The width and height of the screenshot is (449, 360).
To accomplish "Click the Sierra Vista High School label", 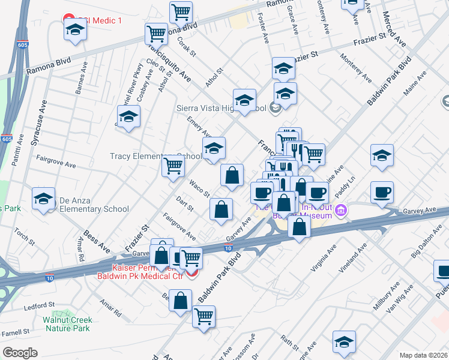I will pyautogui.click(x=221, y=109).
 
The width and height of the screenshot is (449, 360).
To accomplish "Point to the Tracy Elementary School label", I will pyautogui.click(x=155, y=156).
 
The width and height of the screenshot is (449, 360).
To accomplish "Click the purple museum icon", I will pyautogui.click(x=342, y=210).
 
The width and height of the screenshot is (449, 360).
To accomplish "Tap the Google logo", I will pyautogui.click(x=19, y=353).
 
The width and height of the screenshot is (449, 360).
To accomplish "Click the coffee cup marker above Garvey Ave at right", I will pyautogui.click(x=382, y=193).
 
